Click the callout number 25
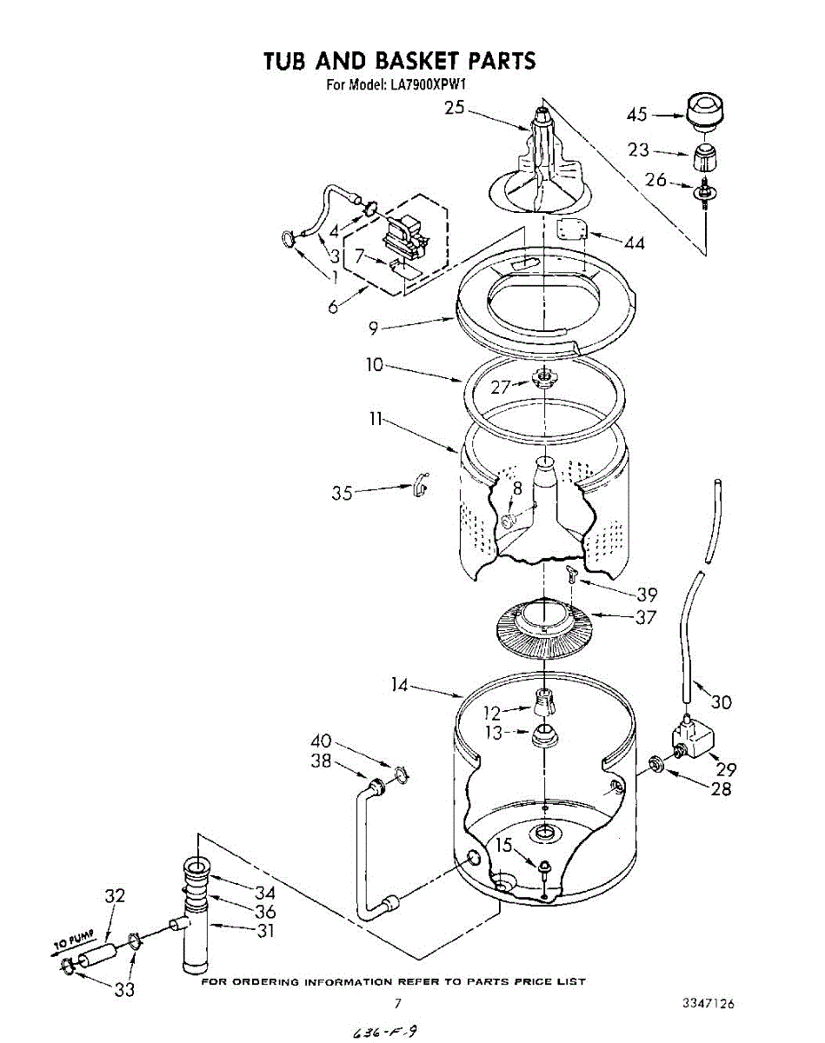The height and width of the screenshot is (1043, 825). pyautogui.click(x=455, y=108)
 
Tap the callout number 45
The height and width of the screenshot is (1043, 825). pyautogui.click(x=637, y=114)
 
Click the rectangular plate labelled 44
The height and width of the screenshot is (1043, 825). pyautogui.click(x=571, y=230)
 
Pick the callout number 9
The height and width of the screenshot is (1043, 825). pyautogui.click(x=373, y=329)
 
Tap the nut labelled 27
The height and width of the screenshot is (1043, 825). pyautogui.click(x=543, y=377)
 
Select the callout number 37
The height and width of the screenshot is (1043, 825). pyautogui.click(x=645, y=617)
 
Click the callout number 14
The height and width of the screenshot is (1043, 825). pyautogui.click(x=399, y=686)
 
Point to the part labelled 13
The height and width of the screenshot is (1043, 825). pyautogui.click(x=544, y=734)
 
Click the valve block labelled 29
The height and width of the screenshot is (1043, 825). pyautogui.click(x=691, y=740)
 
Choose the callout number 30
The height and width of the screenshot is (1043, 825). pyautogui.click(x=721, y=701)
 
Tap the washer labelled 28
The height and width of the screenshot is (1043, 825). pyautogui.click(x=656, y=764)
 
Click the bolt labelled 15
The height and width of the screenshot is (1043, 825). pyautogui.click(x=543, y=867)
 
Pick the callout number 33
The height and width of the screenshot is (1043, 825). pyautogui.click(x=125, y=988)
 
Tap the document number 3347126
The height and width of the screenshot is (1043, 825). pyautogui.click(x=709, y=1004)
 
